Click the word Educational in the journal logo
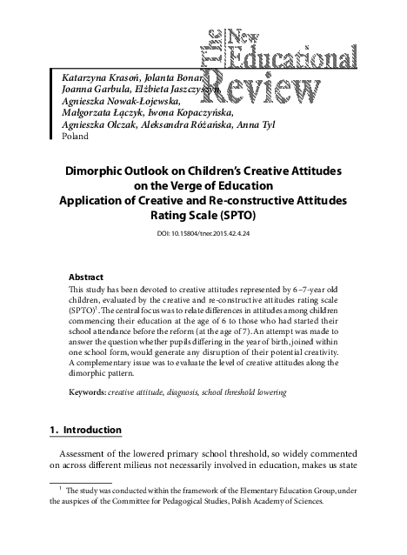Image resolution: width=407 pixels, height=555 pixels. (x=289, y=55)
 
